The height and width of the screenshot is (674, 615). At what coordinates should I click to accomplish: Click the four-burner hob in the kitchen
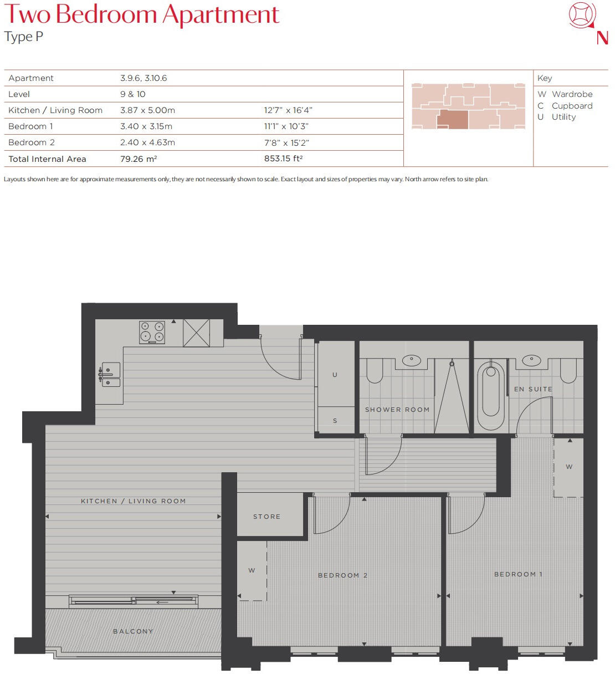pos(152,332)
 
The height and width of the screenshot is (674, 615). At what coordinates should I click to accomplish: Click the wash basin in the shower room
pos(412,361)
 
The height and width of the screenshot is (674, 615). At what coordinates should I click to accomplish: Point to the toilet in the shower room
pos(375,370)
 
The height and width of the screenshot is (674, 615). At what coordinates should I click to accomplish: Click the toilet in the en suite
pos(568,370)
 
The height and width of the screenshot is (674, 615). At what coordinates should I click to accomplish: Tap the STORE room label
pos(266,517)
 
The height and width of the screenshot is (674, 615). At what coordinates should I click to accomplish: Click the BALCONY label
pos(133,631)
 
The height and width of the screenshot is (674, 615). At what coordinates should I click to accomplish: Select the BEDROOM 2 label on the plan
pos(342,575)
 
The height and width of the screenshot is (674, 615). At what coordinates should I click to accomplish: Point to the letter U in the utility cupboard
pos(335,375)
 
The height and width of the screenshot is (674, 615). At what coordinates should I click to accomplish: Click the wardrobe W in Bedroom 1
pos(569,467)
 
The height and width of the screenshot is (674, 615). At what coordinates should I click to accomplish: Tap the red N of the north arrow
pos(602,38)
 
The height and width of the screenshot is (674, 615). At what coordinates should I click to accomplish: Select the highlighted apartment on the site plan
pos(452,119)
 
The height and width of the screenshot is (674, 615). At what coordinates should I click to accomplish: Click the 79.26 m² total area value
pos(139,159)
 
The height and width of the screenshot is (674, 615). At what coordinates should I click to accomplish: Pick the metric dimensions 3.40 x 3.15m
pos(146,126)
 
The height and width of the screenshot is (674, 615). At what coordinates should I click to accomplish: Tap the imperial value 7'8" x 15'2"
pos(286,142)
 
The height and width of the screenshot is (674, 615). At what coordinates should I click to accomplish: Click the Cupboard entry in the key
pos(572,106)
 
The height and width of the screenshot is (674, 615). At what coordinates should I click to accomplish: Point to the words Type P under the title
pos(23,37)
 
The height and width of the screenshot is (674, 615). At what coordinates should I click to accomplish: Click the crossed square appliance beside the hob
pos(196,333)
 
